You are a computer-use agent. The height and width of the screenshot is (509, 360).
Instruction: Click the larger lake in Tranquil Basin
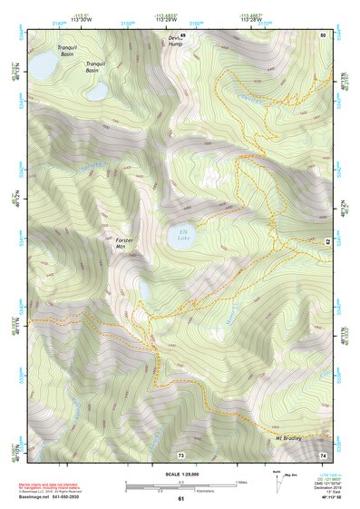[x=42, y=65]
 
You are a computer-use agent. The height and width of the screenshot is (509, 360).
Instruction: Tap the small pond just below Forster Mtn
[x=144, y=290]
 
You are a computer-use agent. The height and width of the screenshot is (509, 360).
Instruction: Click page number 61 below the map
[x=180, y=499]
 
